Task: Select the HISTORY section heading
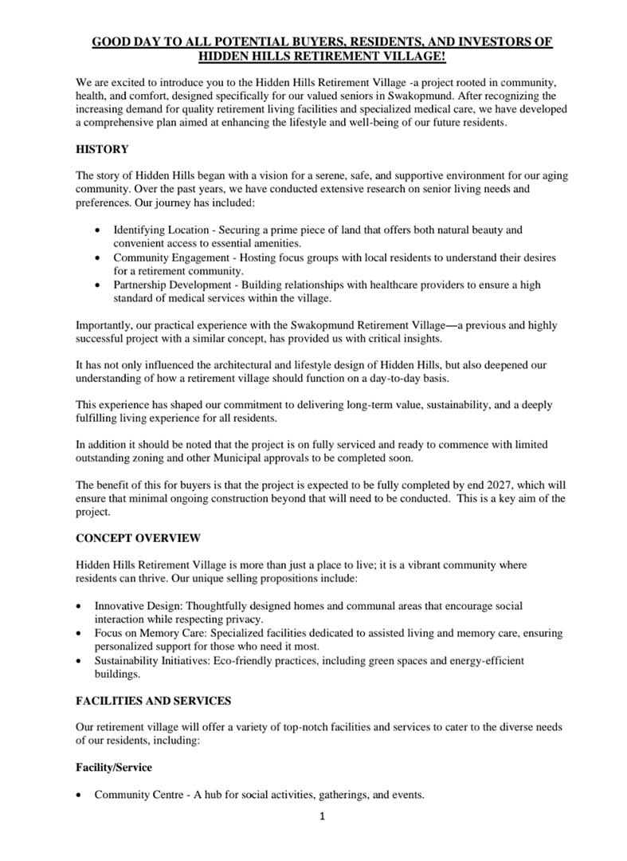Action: pyautogui.click(x=102, y=148)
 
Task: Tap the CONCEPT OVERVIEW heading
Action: pyautogui.click(x=138, y=537)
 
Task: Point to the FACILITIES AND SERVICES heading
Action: pyautogui.click(x=153, y=700)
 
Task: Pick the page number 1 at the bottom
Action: pyautogui.click(x=321, y=816)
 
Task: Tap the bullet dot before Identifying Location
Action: pyautogui.click(x=97, y=230)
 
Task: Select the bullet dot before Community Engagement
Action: pyautogui.click(x=97, y=258)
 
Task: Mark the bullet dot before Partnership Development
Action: pyautogui.click(x=97, y=285)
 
